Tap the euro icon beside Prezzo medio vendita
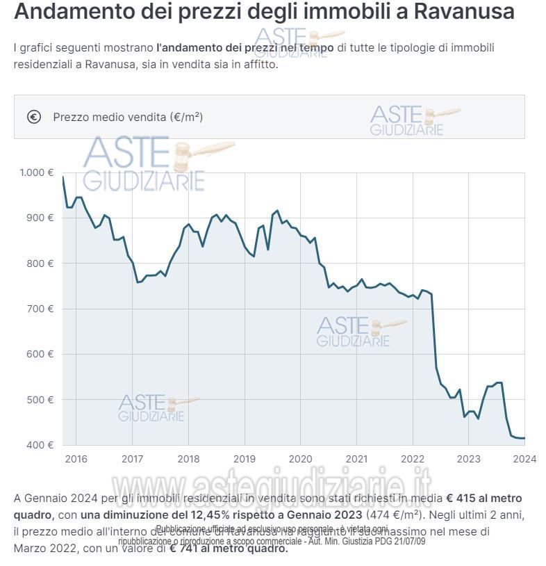tap(34, 117)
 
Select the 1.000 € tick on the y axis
tap(36, 172)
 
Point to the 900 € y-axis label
tap(40, 218)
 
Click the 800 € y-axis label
tap(40, 264)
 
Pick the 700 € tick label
tap(40, 309)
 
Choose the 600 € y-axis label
tap(40, 354)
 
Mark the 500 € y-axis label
tap(40, 400)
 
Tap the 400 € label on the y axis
tap(40, 445)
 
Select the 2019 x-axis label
tap(244, 459)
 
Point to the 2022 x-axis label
tap(412, 459)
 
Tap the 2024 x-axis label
tap(524, 459)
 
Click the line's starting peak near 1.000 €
tap(63, 177)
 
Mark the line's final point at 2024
tap(524, 438)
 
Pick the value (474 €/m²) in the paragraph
tap(393, 515)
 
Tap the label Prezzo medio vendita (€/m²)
tap(128, 117)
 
